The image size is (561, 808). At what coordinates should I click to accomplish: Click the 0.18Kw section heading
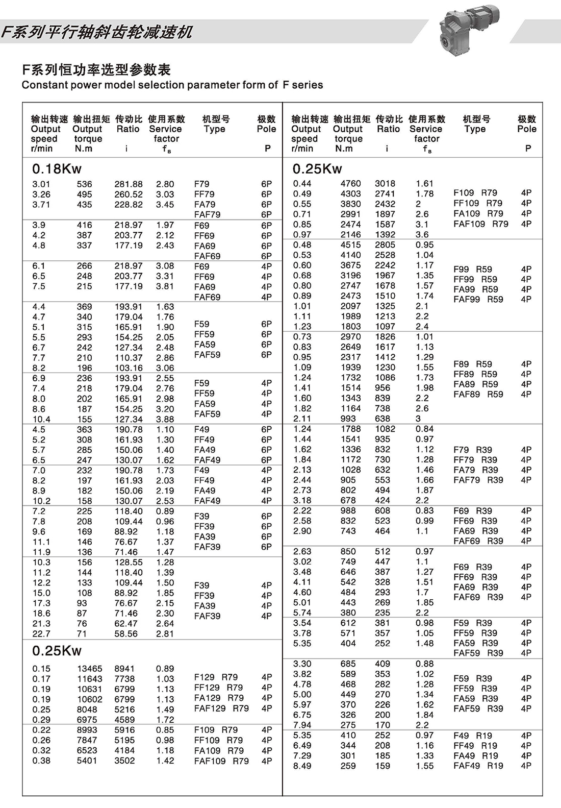(57, 169)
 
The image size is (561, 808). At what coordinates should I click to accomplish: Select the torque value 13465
(90, 669)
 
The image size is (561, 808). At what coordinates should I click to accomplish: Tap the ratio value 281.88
(129, 184)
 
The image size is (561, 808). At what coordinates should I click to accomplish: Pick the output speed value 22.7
(41, 634)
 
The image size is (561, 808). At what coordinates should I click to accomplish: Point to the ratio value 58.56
(126, 634)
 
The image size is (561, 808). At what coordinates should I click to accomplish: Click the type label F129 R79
(216, 677)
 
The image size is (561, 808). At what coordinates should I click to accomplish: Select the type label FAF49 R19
(478, 766)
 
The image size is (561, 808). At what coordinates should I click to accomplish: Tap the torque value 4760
(350, 184)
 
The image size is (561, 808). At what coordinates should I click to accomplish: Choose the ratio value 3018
(385, 184)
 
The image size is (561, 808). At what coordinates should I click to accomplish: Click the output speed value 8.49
(302, 766)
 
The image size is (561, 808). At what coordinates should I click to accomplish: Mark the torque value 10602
(90, 699)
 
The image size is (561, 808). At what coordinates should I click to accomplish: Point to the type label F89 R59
(472, 364)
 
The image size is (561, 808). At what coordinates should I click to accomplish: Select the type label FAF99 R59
(478, 299)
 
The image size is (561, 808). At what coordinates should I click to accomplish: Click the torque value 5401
(87, 761)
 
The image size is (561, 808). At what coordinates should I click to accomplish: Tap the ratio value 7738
(124, 679)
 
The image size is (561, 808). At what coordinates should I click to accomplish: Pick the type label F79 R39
(472, 450)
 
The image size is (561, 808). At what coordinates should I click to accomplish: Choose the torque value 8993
(87, 730)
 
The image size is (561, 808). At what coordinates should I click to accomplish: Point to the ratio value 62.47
(126, 624)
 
